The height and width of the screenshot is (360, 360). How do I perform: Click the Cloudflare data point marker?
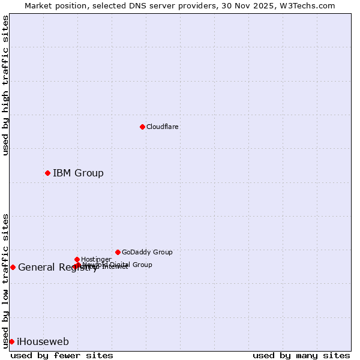[x=142, y=127]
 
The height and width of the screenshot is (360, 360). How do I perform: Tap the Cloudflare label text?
[x=162, y=127]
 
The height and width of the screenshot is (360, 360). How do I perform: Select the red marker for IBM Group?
[x=47, y=173]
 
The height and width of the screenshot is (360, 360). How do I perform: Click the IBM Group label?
[x=78, y=173]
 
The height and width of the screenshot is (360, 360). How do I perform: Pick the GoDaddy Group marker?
[x=118, y=252]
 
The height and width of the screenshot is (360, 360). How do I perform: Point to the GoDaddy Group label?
[x=147, y=252]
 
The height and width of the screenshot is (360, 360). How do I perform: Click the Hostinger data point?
[x=77, y=259]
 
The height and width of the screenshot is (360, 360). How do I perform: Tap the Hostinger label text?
[x=96, y=259]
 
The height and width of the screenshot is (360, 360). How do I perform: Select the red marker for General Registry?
[x=13, y=267]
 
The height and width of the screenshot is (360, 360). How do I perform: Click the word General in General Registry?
[x=37, y=268]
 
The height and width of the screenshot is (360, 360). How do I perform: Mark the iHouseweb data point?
[x=11, y=341]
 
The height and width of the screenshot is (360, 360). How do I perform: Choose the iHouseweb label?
[x=43, y=341]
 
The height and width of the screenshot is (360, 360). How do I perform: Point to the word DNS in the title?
[x=133, y=5]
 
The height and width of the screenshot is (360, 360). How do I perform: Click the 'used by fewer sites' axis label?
[x=62, y=355]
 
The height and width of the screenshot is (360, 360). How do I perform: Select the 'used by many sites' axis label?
[x=301, y=355]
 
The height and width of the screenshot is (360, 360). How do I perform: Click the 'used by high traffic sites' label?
[x=5, y=85]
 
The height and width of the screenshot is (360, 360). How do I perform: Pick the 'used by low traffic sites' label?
[x=5, y=280]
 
